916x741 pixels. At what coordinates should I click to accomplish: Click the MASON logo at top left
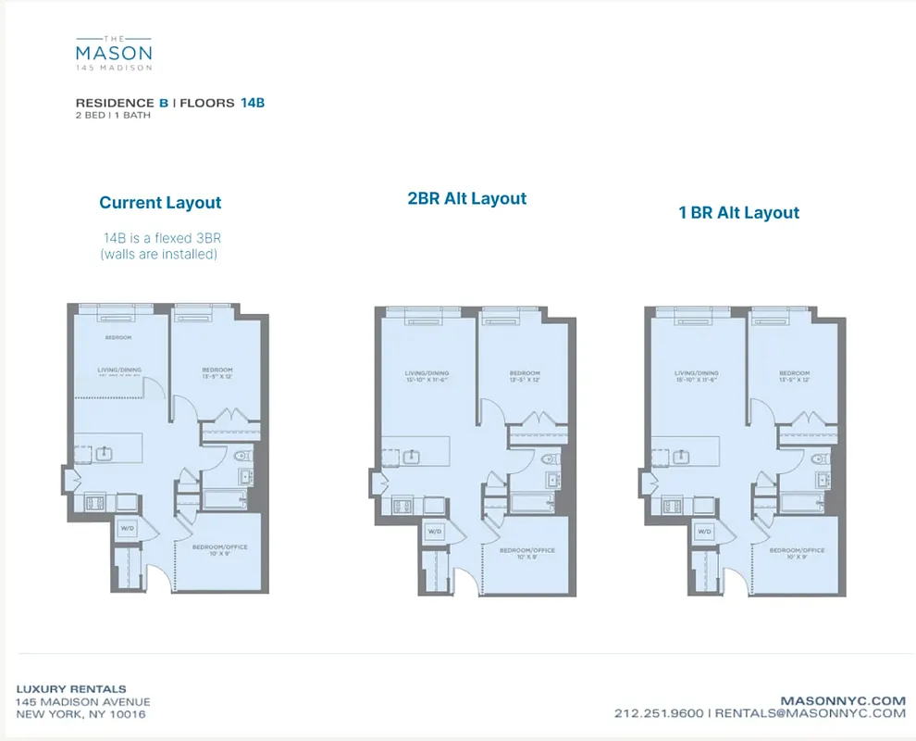tap(113, 52)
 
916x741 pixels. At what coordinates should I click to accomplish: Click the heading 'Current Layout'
tap(160, 203)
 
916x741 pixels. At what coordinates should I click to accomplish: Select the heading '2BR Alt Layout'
tap(467, 198)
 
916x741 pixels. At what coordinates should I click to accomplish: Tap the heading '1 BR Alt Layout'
tap(738, 212)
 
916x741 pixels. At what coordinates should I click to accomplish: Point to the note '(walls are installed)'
tap(158, 254)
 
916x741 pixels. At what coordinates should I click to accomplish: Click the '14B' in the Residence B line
tap(253, 103)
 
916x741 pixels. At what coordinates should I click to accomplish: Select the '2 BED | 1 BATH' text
tap(113, 116)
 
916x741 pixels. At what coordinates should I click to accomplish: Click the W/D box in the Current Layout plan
tap(127, 528)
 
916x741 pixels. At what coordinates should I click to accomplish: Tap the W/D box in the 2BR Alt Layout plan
tap(434, 532)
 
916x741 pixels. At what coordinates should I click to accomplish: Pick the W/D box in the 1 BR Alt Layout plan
tap(703, 532)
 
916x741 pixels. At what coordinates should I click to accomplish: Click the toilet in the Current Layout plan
tap(242, 456)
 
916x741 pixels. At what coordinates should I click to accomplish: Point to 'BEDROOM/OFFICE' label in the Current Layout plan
tap(219, 546)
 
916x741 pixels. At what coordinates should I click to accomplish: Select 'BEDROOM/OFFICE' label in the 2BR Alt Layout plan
tap(526, 550)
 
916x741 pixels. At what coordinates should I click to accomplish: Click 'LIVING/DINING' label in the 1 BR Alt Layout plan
tap(696, 373)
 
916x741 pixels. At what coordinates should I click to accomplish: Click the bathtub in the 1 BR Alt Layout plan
tap(800, 503)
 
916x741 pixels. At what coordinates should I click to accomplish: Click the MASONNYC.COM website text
tap(843, 701)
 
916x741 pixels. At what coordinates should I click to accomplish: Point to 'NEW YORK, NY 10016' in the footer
tap(80, 714)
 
